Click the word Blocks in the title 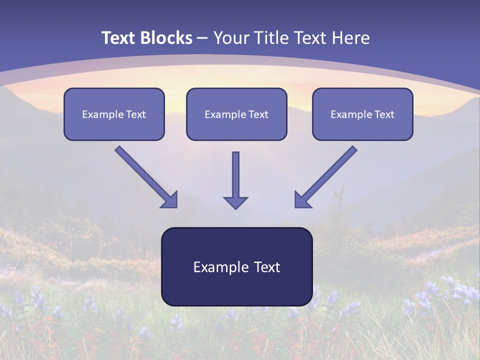click(166, 37)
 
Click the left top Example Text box click(114, 114)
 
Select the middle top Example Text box click(236, 114)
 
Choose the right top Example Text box click(362, 114)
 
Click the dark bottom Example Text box click(237, 266)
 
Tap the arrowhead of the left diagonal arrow click(170, 200)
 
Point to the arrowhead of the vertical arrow click(235, 202)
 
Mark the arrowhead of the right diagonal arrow click(302, 200)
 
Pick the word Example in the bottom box click(216, 267)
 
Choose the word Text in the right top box click(384, 114)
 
